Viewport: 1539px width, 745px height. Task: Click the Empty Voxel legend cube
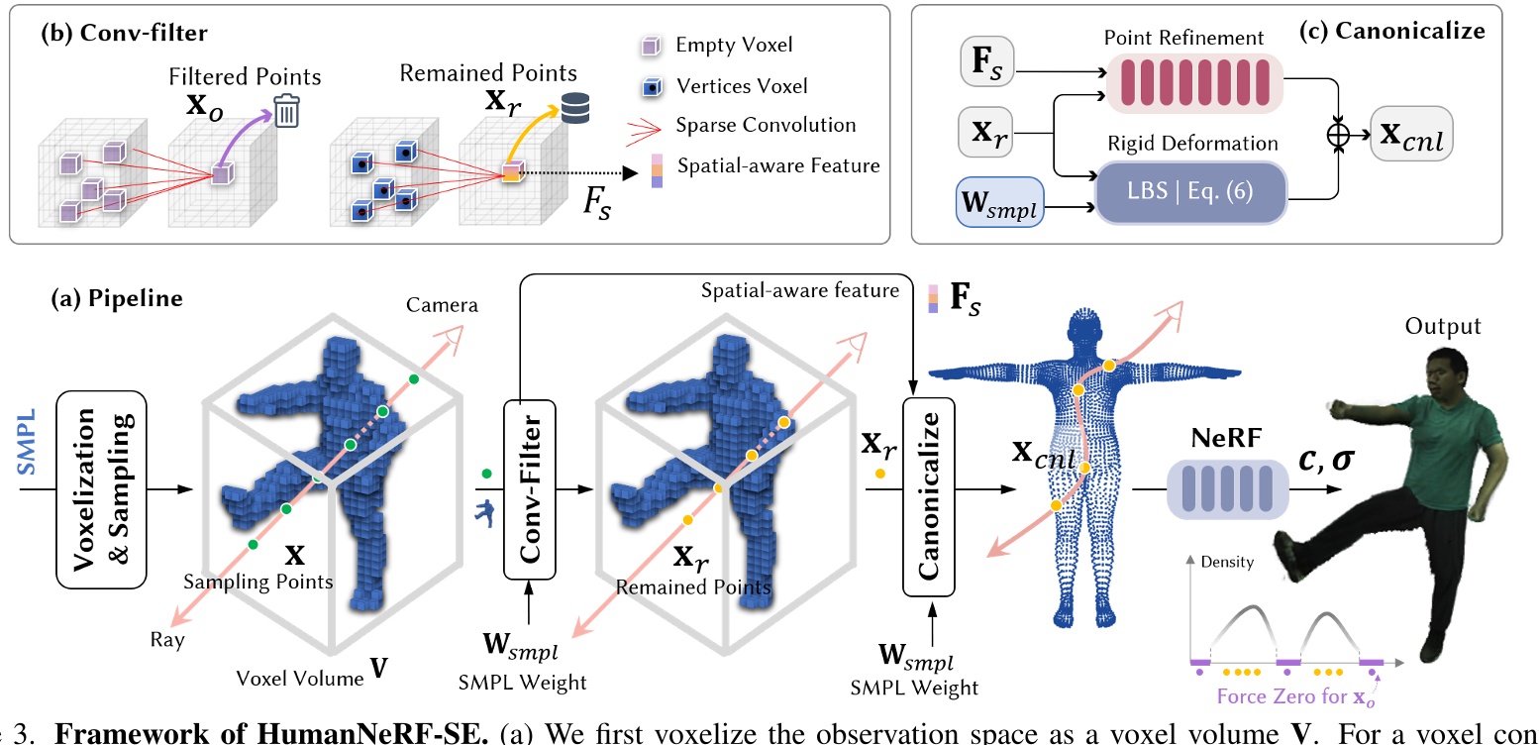[653, 46]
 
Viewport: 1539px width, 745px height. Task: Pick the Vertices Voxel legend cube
[653, 86]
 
